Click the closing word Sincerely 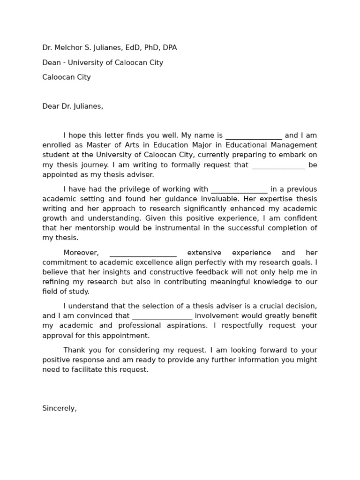click(59, 408)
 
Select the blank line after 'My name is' click(253, 136)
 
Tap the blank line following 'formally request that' click(278, 165)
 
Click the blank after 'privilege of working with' click(239, 190)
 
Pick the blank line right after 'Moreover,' click(143, 253)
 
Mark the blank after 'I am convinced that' click(162, 316)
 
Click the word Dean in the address click(52, 63)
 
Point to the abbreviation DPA click(169, 48)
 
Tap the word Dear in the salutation click(51, 106)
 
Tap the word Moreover click(81, 253)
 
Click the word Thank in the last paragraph click(73, 350)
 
